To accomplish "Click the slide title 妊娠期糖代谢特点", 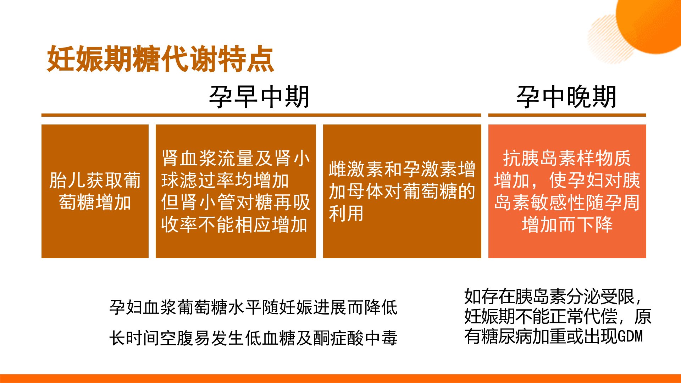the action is [x=160, y=59].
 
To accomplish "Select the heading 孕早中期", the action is [x=259, y=97].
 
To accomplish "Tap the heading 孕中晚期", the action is [x=566, y=97].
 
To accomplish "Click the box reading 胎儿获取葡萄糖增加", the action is [x=95, y=191].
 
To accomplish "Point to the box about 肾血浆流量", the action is [x=236, y=191].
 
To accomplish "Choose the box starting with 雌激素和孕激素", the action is [x=402, y=191].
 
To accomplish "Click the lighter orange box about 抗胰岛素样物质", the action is [x=567, y=191].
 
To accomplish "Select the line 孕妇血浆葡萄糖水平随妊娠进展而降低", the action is [x=253, y=307].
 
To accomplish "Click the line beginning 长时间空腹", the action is [x=253, y=338].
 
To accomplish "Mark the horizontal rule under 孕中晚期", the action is [x=567, y=115].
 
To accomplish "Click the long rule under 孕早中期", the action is [x=261, y=115].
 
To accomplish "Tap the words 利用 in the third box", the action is [x=346, y=213].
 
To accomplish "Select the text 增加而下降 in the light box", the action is [x=567, y=224].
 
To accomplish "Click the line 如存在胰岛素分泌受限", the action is [x=553, y=296].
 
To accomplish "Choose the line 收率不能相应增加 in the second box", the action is [x=234, y=224].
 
